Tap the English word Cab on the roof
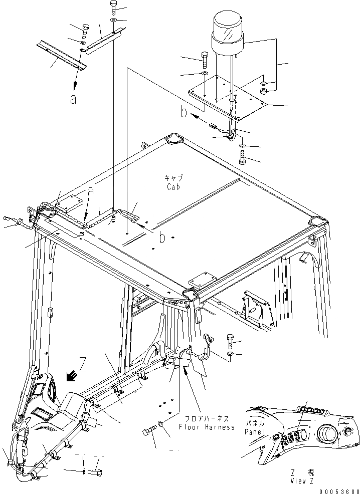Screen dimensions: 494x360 (173, 186)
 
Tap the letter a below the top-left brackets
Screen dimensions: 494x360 (73, 99)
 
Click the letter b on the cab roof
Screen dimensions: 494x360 (161, 238)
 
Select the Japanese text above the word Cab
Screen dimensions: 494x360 (173, 178)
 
